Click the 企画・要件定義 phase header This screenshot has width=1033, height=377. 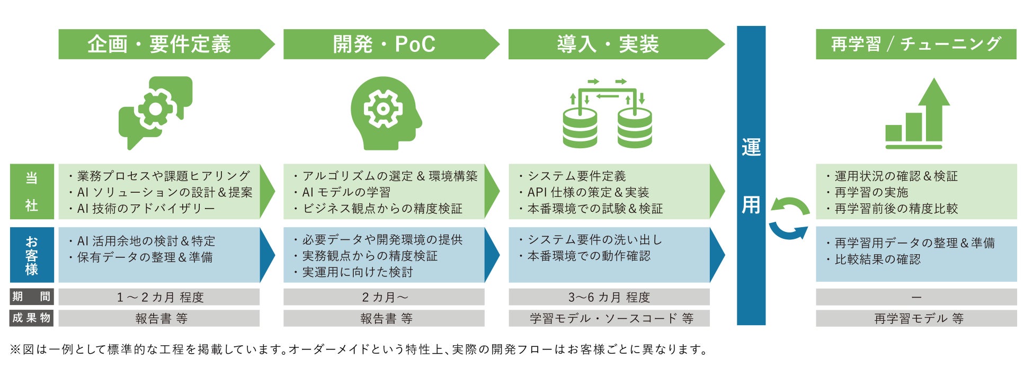pos(159,44)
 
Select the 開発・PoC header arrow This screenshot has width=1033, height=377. pos(384,44)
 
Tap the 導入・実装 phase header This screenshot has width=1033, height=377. pos(608,44)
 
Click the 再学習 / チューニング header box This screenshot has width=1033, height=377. pos(915,44)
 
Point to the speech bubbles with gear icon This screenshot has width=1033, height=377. pos(155,112)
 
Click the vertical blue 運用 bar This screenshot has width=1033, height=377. pos(751,175)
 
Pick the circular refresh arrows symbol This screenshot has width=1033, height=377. pos(789,218)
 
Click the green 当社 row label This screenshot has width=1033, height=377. pos(32,191)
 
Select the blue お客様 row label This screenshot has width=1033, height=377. pos(32,255)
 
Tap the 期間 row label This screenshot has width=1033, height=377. pos(32,297)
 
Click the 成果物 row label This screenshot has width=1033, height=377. pos(32,318)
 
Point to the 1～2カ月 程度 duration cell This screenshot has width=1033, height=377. pos(159,297)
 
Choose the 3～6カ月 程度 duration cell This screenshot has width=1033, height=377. pos(609,297)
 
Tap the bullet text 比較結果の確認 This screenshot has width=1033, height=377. pos(877,259)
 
